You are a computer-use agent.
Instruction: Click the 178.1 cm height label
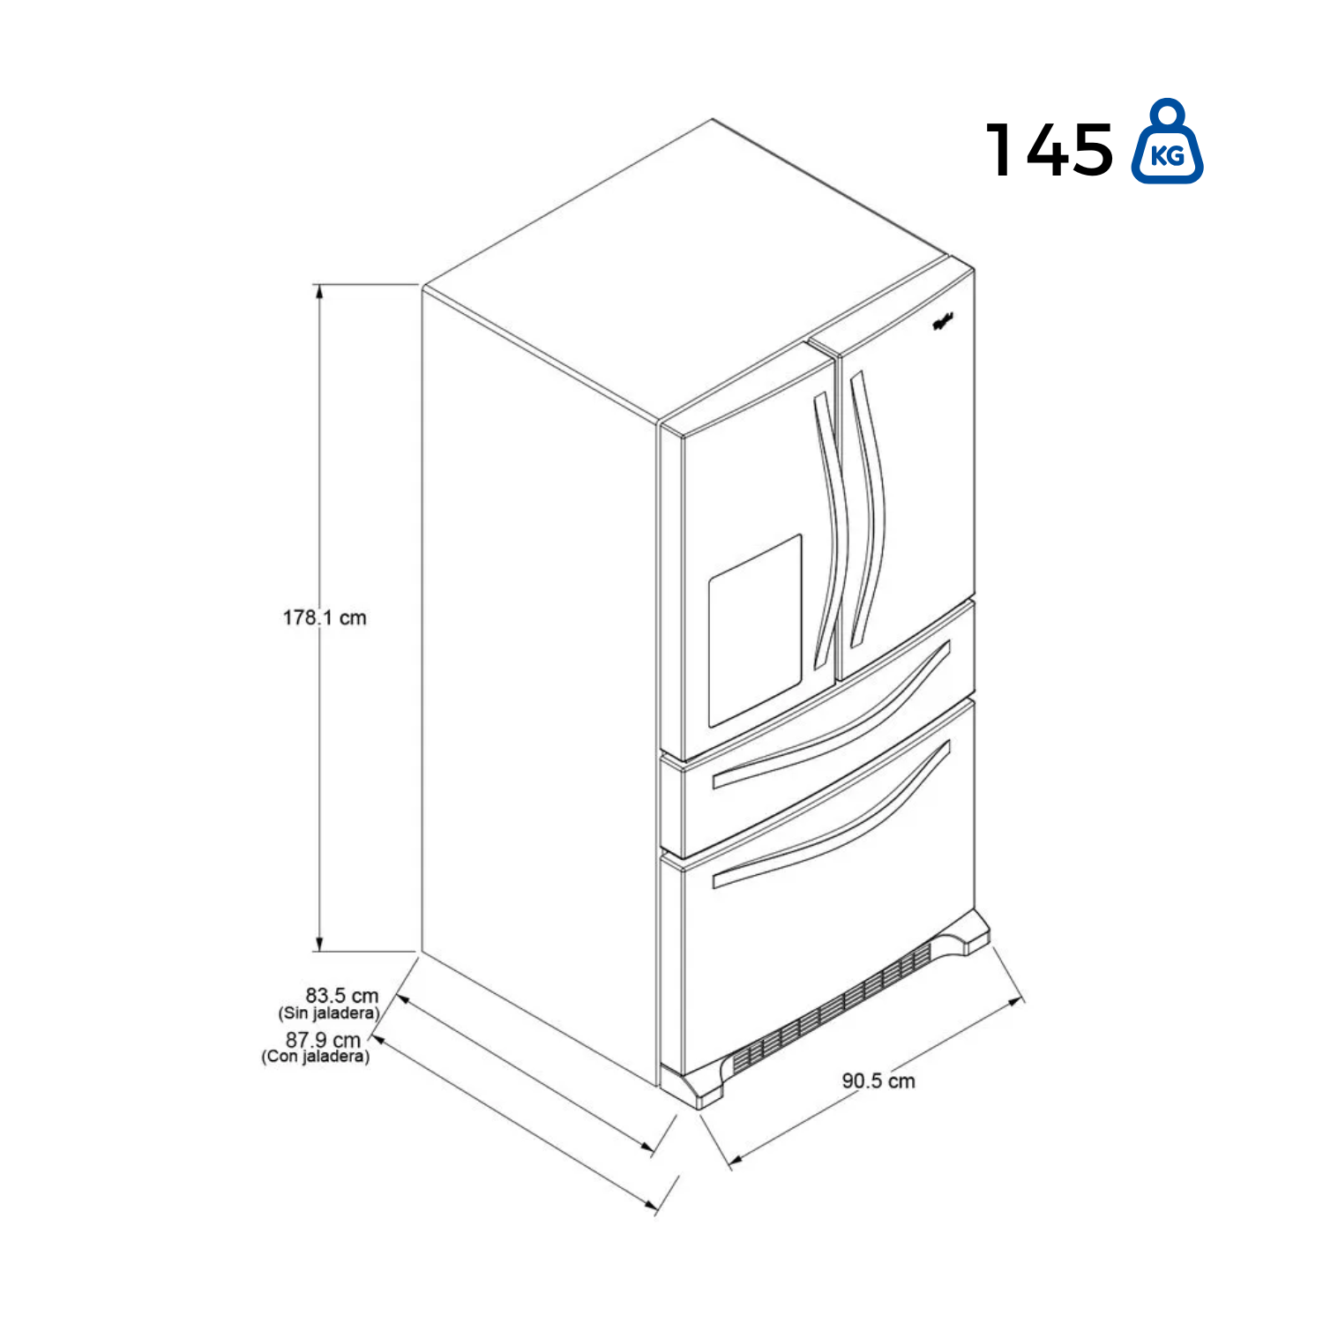pyautogui.click(x=324, y=617)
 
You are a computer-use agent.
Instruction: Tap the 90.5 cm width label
pyautogui.click(x=878, y=1080)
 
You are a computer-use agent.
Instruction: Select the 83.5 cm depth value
pyautogui.click(x=342, y=996)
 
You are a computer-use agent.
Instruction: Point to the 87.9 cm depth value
pyautogui.click(x=323, y=1040)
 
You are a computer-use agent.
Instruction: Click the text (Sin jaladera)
pyautogui.click(x=329, y=1013)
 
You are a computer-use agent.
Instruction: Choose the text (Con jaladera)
pyautogui.click(x=316, y=1057)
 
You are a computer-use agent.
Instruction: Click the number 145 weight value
pyautogui.click(x=1050, y=150)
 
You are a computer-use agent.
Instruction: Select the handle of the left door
pyautogui.click(x=829, y=529)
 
